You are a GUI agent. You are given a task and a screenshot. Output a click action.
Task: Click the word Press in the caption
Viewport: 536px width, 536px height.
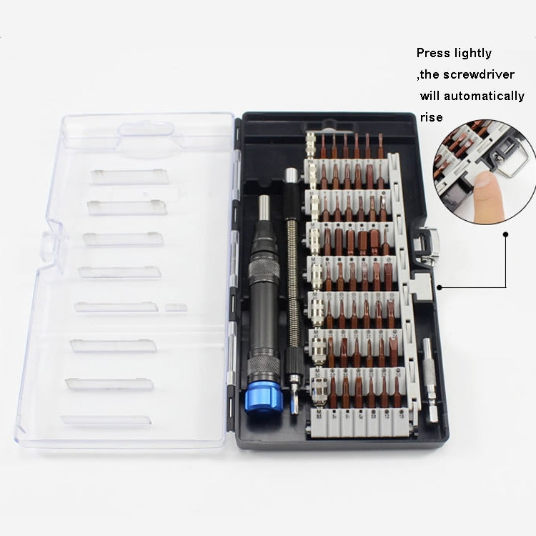434,53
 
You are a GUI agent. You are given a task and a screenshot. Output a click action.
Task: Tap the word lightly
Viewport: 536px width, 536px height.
472,53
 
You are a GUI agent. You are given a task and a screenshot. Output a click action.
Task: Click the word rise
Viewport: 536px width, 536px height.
432,117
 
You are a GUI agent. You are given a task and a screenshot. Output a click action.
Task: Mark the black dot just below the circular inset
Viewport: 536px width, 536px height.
505,233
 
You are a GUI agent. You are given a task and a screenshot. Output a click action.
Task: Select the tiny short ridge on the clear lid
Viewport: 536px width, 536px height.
175,307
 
